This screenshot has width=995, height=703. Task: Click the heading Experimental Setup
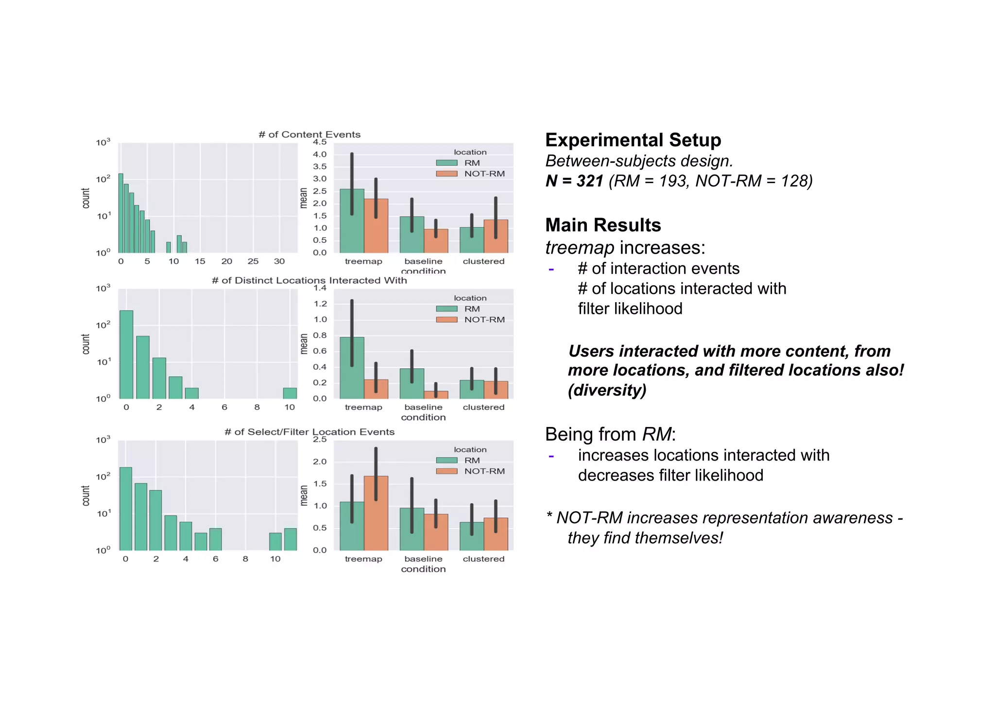pos(633,140)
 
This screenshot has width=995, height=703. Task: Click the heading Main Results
pos(602,225)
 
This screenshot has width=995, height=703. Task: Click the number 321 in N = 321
pos(590,181)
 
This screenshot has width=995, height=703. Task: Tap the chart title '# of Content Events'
pos(309,135)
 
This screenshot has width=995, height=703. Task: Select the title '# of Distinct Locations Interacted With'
pos(309,280)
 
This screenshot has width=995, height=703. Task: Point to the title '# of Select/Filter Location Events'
pos(309,432)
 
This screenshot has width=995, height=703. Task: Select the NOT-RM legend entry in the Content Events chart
pos(484,174)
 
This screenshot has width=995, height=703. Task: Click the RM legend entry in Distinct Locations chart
pos(471,309)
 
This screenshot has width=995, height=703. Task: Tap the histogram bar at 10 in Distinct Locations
pos(290,393)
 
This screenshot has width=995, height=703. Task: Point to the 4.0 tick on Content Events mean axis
pos(320,154)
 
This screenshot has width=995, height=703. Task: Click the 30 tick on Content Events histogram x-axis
pos(279,261)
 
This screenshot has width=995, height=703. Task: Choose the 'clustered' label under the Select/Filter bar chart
pos(483,559)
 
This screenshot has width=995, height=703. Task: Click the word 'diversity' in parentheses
pos(607,391)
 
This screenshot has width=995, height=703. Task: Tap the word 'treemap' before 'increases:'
pos(580,248)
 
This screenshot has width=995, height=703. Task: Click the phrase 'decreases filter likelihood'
pos(670,476)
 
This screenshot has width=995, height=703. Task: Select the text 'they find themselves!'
pos(645,538)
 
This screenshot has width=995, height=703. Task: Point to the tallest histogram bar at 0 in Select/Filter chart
pos(126,509)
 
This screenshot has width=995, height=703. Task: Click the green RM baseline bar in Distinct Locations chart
pos(412,384)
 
